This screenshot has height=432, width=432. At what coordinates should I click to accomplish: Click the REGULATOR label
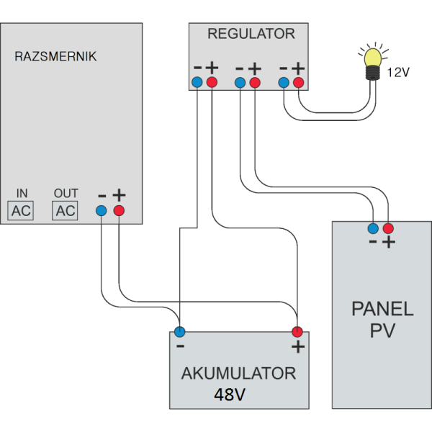click(251, 34)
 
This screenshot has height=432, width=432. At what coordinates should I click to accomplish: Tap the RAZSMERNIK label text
click(55, 55)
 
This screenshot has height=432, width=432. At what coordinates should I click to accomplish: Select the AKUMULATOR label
click(238, 374)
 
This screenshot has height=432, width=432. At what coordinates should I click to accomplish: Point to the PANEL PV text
click(382, 320)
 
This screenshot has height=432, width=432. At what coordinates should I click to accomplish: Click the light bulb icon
click(372, 62)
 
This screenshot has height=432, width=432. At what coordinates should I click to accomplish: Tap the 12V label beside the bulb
click(399, 72)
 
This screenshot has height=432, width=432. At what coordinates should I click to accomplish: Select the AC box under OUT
click(66, 211)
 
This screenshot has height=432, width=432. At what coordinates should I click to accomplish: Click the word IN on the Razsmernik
click(22, 194)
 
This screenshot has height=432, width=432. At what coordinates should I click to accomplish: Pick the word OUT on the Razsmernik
click(66, 194)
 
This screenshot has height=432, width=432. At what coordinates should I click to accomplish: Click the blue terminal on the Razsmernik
click(102, 210)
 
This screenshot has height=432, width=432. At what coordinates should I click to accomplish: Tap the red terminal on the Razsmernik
click(119, 210)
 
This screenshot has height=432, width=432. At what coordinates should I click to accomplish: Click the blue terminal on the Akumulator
click(179, 332)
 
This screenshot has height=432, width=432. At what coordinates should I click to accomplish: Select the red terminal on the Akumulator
click(296, 332)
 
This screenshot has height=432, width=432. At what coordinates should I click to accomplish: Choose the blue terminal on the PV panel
click(372, 229)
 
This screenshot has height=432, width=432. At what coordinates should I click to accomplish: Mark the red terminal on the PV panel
click(389, 229)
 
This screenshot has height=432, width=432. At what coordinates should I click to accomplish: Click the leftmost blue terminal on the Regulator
click(198, 84)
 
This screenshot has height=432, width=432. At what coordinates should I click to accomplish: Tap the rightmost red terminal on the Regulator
click(297, 84)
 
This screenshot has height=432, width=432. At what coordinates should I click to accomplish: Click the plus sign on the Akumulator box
click(296, 348)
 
